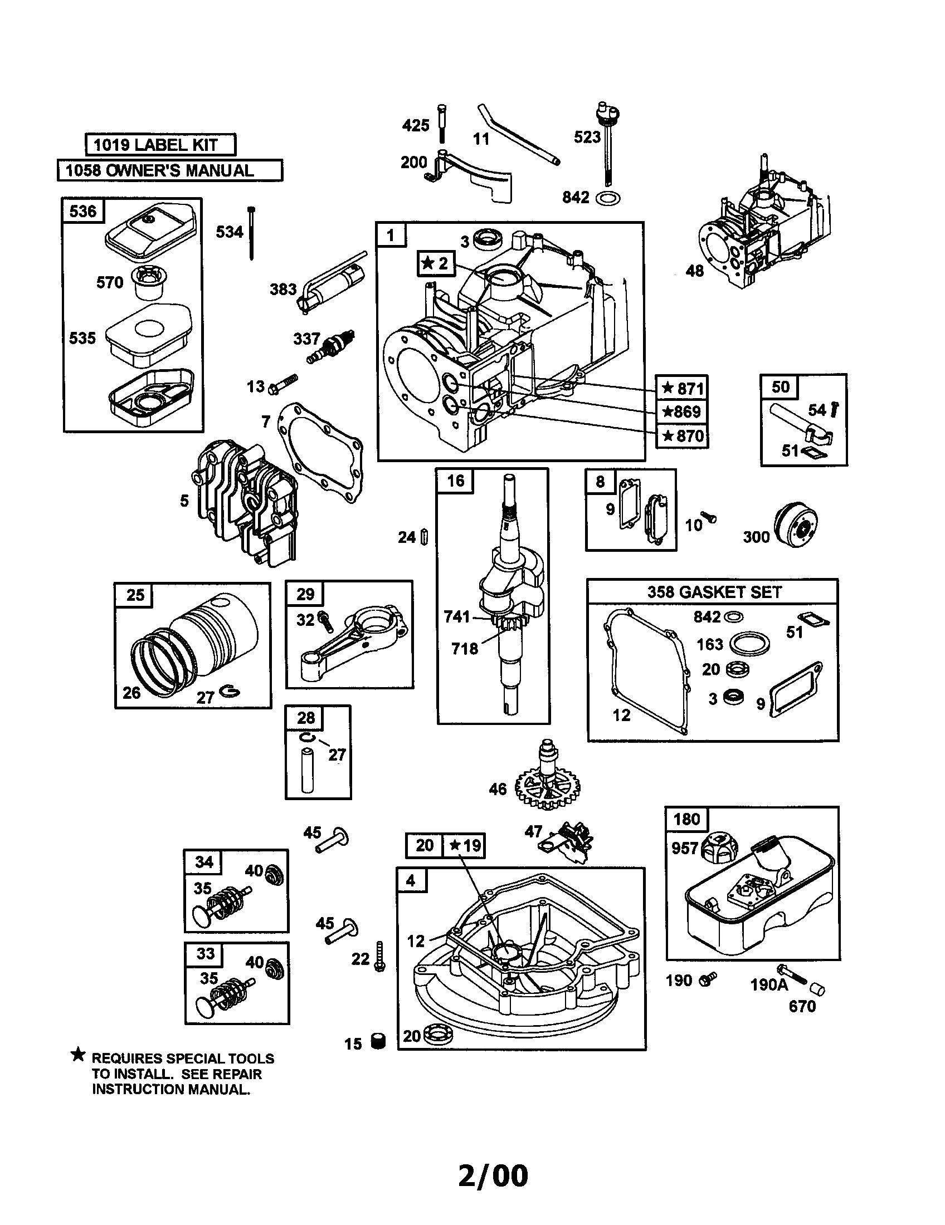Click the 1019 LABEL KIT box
click(x=160, y=145)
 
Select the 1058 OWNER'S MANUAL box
click(x=169, y=170)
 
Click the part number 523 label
click(x=587, y=137)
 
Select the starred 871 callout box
click(x=682, y=388)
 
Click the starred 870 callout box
click(x=682, y=435)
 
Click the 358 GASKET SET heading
click(x=714, y=592)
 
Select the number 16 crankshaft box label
click(x=455, y=481)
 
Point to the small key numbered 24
click(x=425, y=537)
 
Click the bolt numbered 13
click(x=284, y=384)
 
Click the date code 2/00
click(x=493, y=1175)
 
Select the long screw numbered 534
click(x=251, y=233)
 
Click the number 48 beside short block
click(x=694, y=271)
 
